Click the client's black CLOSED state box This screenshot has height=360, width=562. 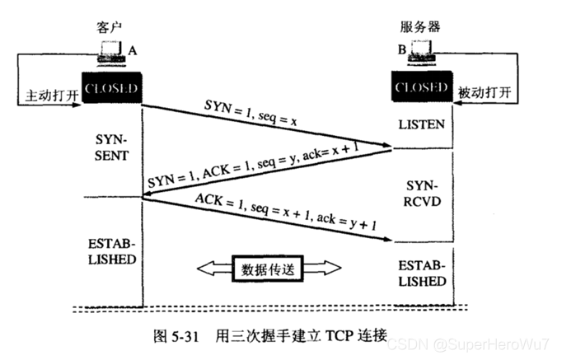[110, 86]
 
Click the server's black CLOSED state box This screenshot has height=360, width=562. [422, 86]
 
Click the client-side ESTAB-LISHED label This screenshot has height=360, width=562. [110, 252]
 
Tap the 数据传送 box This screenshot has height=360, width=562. [267, 269]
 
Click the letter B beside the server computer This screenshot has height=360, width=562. [402, 51]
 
